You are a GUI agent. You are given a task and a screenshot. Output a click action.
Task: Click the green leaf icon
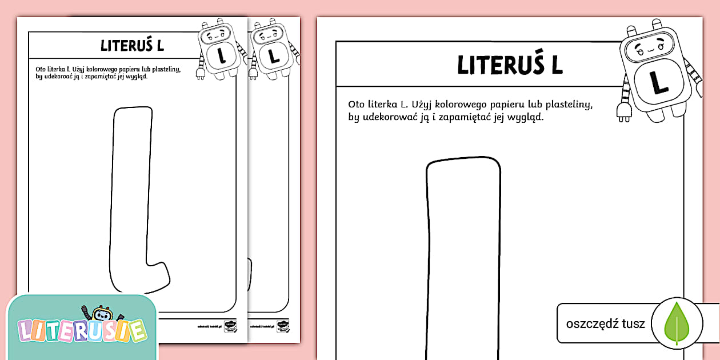[x=677, y=323]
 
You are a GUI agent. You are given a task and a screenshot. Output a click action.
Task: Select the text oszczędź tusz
[x=605, y=324]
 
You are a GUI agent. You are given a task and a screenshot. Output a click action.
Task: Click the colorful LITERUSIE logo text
[x=81, y=331]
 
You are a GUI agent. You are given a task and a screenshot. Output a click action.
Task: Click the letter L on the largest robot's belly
[x=659, y=81]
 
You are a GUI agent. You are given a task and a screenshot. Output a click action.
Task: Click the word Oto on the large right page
[x=357, y=105]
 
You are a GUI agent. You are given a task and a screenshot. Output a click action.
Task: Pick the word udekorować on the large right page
[x=388, y=118]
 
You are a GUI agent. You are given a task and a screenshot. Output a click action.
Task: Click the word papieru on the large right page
[x=495, y=105]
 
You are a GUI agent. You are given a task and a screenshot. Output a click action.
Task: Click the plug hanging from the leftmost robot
[x=201, y=73]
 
